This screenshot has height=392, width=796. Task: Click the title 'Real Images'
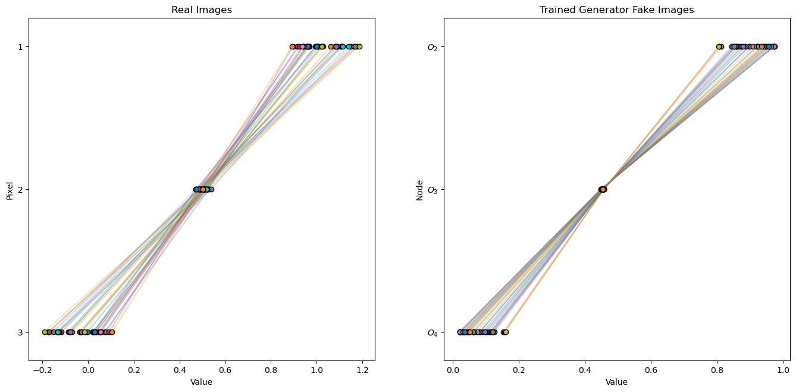pyautogui.click(x=201, y=10)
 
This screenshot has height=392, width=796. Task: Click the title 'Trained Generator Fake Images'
pyautogui.click(x=616, y=10)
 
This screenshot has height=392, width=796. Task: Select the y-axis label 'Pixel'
pyautogui.click(x=10, y=190)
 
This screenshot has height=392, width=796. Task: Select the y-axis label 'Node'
pyautogui.click(x=419, y=190)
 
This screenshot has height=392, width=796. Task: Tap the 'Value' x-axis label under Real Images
pyautogui.click(x=201, y=382)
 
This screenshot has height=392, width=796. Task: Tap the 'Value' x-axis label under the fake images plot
pyautogui.click(x=616, y=382)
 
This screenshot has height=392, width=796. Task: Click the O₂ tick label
pyautogui.click(x=433, y=47)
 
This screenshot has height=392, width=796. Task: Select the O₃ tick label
pyautogui.click(x=433, y=190)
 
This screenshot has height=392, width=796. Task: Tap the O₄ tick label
pyautogui.click(x=433, y=333)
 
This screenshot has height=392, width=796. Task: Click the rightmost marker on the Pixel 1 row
pyautogui.click(x=359, y=46)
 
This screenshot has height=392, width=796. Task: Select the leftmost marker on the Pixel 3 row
pyautogui.click(x=45, y=332)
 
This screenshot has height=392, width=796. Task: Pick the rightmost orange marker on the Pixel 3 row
pyautogui.click(x=111, y=332)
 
